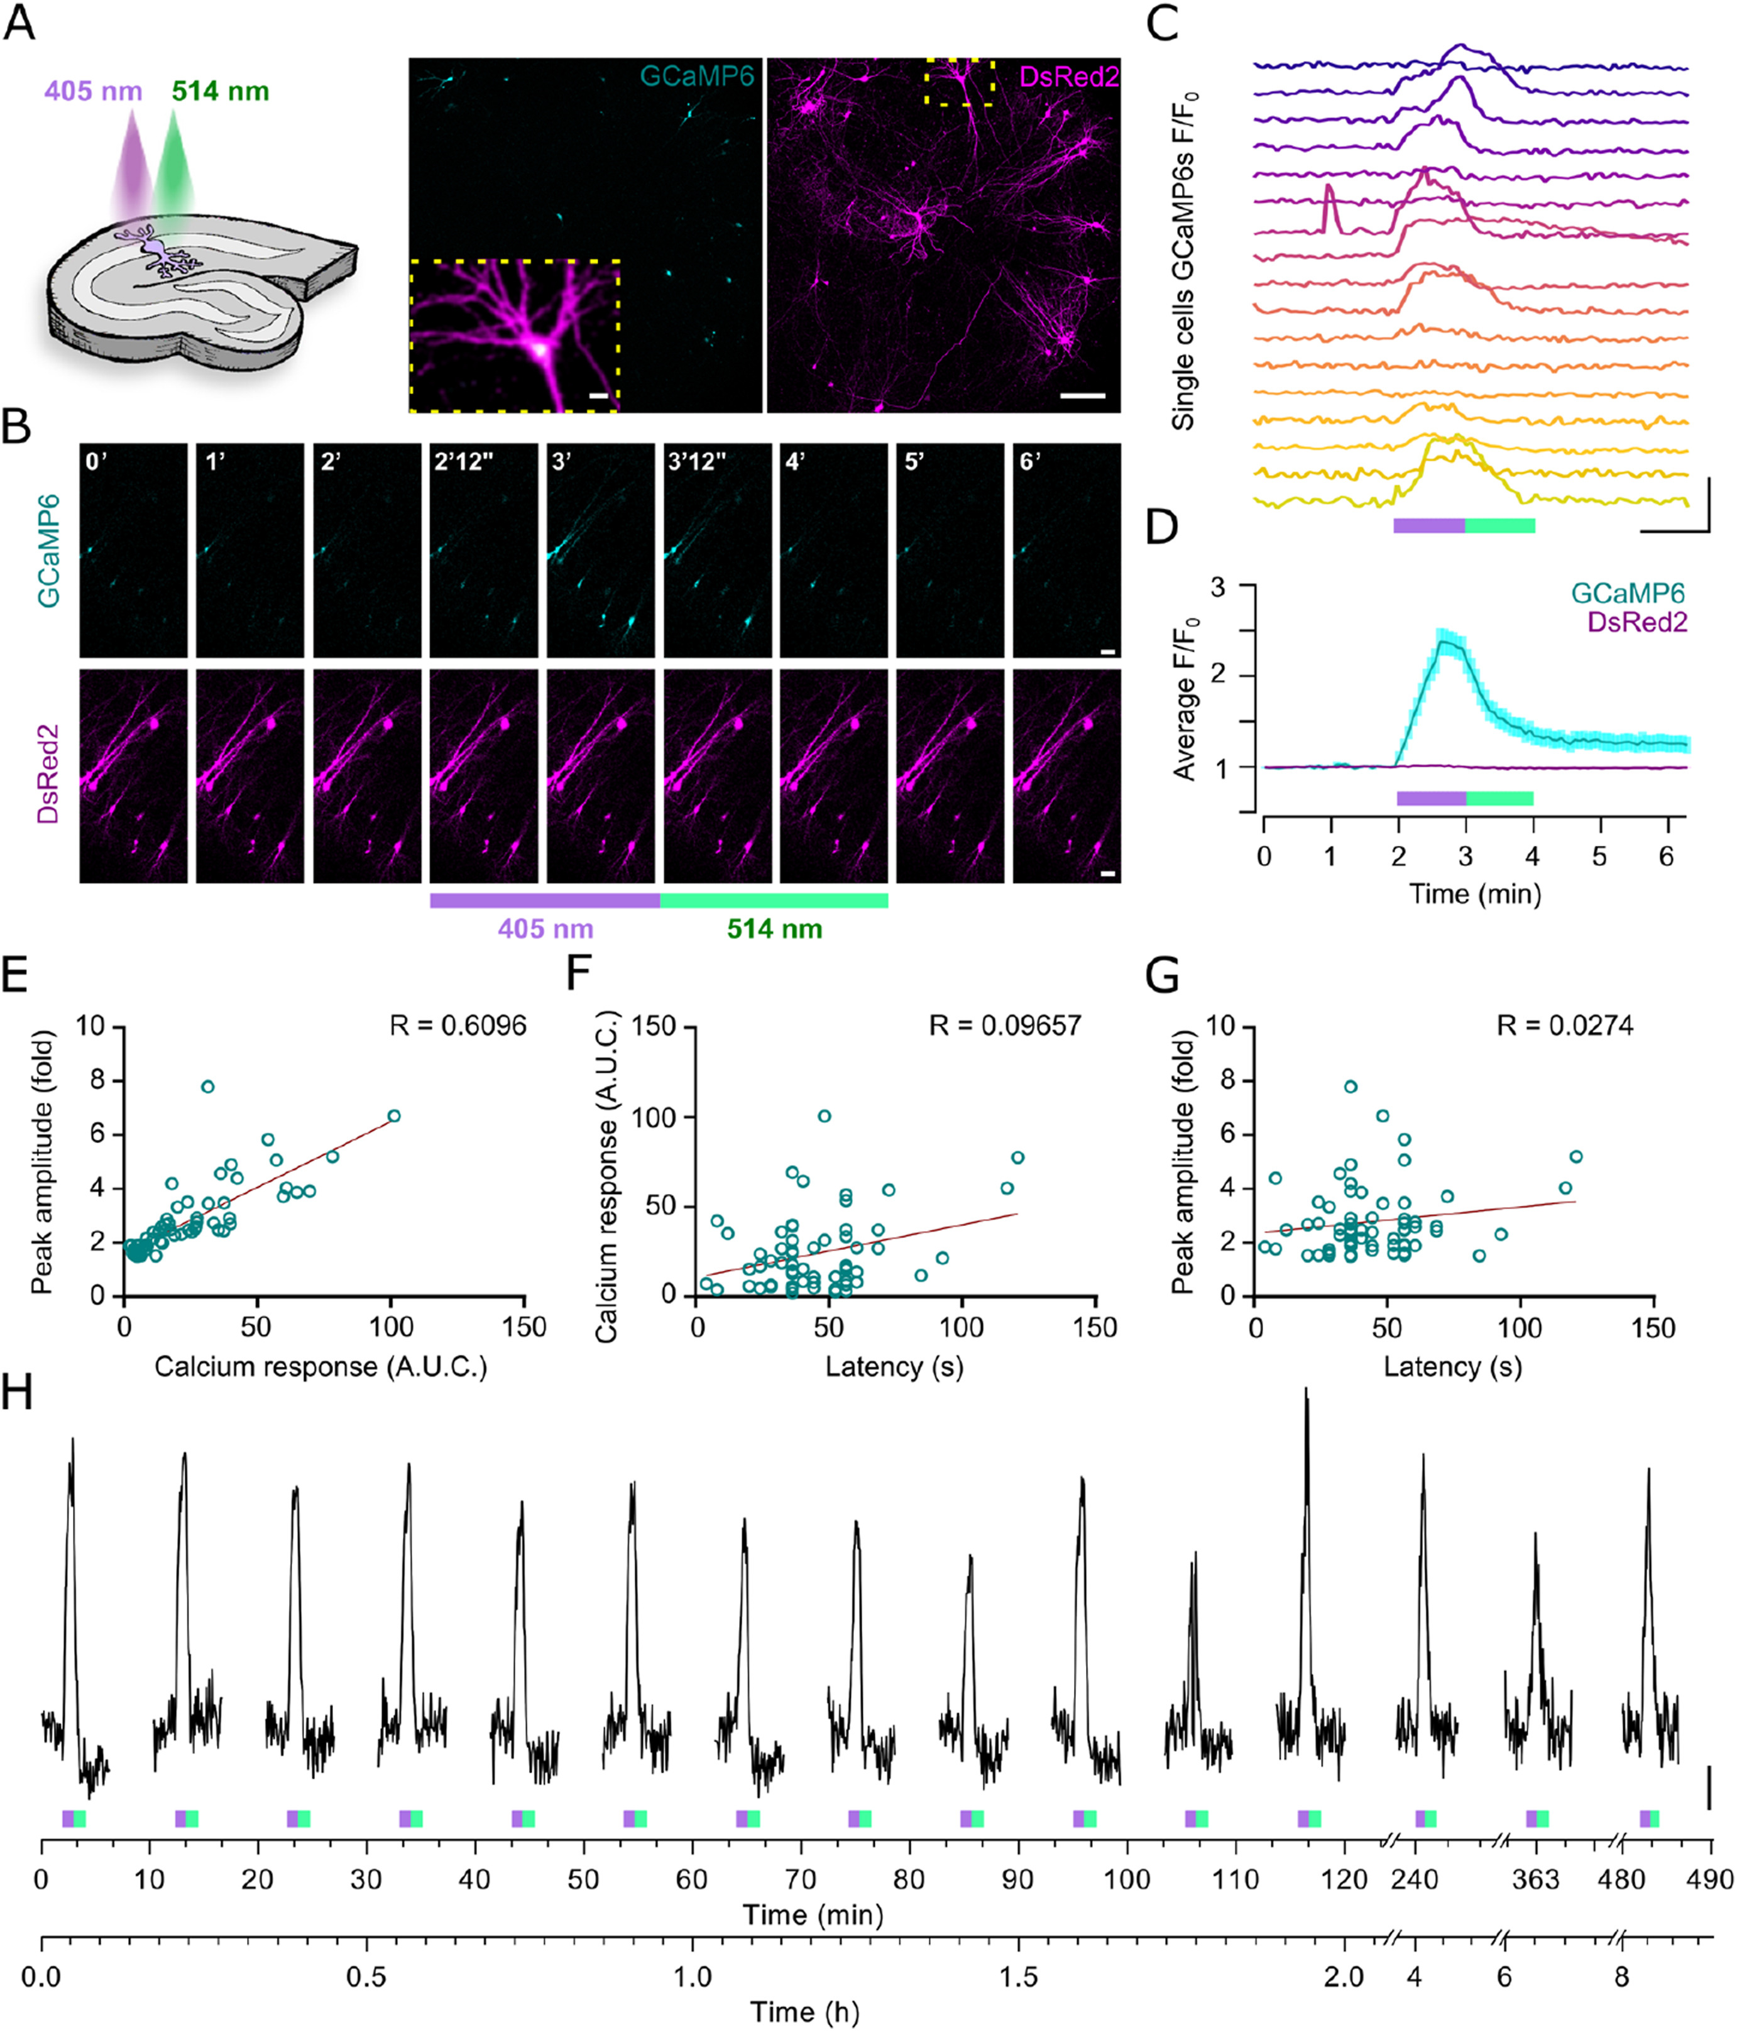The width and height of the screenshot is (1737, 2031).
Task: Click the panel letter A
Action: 19,21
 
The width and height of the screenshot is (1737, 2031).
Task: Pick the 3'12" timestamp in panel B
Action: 697,462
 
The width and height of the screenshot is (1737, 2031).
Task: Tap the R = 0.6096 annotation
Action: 458,1026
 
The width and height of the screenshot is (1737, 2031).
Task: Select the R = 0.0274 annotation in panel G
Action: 1564,1026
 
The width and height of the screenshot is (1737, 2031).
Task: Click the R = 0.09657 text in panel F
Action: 1005,1026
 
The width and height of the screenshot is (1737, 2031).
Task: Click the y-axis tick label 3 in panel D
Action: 1219,587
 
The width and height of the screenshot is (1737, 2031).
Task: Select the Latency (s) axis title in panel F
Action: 894,1366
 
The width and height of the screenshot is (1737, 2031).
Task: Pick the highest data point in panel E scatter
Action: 207,1086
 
